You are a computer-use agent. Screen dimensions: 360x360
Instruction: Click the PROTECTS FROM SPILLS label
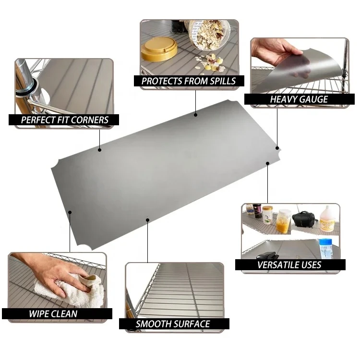[189, 81]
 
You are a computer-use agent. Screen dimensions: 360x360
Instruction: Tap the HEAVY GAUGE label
[299, 99]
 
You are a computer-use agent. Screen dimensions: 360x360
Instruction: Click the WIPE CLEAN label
[53, 313]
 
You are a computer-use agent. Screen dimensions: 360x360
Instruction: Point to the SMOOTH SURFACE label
[173, 324]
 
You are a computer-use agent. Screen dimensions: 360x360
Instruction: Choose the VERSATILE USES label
[289, 264]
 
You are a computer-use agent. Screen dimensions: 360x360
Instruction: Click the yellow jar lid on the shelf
[159, 49]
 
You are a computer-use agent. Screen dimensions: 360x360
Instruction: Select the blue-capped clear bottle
[326, 249]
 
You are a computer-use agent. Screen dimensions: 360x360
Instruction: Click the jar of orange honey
[284, 221]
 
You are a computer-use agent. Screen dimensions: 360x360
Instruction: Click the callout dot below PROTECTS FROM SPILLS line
[196, 115]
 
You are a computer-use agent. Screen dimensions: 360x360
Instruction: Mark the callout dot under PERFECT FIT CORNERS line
[100, 150]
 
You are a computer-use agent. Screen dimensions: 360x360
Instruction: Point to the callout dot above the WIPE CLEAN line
[70, 212]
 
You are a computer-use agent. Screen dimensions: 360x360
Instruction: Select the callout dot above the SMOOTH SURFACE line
[148, 220]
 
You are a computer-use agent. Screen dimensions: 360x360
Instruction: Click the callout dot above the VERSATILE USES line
[268, 164]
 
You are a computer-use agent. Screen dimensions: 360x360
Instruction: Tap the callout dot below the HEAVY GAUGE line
[277, 148]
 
